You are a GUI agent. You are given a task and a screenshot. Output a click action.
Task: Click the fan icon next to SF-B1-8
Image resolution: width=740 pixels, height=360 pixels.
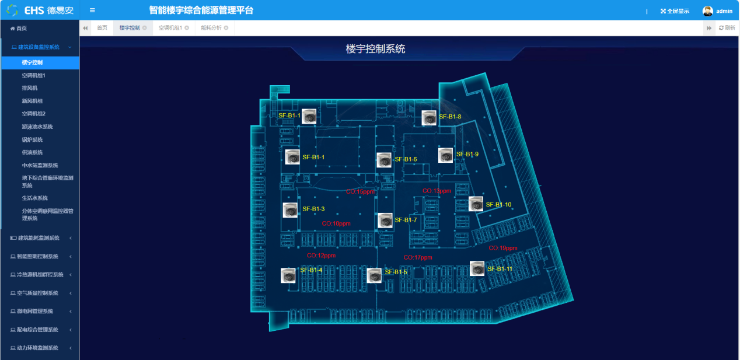click(429, 118)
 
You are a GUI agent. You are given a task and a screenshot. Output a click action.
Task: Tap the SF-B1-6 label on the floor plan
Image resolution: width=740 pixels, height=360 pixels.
click(406, 159)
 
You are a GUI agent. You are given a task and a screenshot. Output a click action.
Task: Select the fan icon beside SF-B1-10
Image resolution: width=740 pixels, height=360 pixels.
click(476, 204)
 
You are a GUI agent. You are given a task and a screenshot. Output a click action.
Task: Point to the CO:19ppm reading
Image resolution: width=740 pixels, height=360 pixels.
click(502, 248)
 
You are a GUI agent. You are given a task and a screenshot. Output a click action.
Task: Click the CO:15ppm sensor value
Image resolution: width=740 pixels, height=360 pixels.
click(360, 191)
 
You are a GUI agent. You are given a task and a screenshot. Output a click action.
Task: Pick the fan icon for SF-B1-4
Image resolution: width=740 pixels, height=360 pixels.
click(288, 275)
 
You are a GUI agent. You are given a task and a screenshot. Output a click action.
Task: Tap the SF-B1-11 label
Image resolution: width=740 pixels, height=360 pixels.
click(500, 269)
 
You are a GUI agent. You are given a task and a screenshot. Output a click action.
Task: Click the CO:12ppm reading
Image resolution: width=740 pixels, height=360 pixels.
click(322, 256)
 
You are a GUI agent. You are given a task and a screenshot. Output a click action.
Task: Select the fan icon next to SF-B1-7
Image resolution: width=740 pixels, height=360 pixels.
click(385, 221)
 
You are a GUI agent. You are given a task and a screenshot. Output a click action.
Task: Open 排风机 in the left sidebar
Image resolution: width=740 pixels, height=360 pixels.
click(30, 88)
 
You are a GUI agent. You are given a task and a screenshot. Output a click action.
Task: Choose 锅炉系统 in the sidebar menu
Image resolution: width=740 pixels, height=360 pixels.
click(32, 139)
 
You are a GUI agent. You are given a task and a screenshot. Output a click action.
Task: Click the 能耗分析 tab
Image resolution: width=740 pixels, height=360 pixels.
click(211, 27)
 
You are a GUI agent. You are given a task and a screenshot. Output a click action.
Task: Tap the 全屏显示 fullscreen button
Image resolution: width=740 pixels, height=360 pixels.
click(675, 11)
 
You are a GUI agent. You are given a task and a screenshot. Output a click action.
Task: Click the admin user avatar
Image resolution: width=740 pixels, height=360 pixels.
click(707, 11)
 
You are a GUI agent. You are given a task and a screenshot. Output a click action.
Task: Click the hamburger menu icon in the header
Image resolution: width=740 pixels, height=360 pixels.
click(92, 11)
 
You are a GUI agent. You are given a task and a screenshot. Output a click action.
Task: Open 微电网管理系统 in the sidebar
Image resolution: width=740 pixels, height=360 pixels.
click(39, 311)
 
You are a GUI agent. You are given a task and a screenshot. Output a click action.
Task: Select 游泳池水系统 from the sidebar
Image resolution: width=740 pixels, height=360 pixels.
click(37, 127)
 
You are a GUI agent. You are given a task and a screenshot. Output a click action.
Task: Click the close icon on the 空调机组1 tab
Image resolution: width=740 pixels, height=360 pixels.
click(187, 27)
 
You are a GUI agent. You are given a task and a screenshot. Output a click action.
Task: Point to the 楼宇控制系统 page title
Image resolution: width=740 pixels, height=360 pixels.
click(375, 49)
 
